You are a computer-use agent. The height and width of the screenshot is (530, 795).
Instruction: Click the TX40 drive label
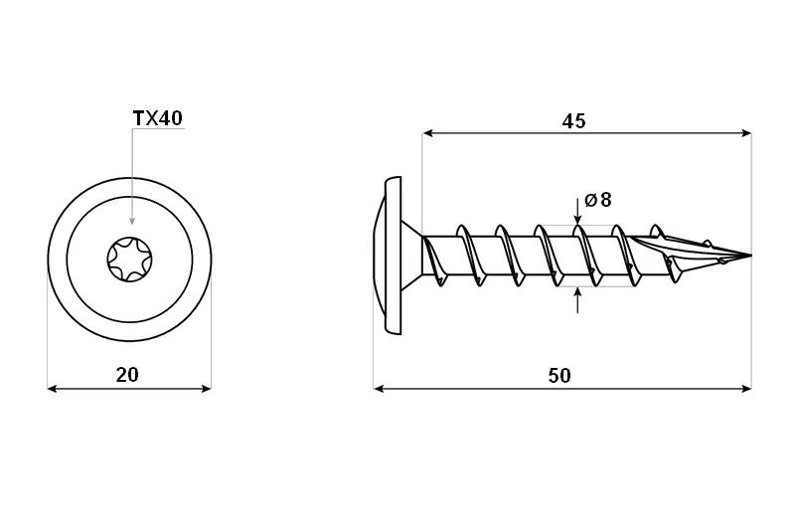[x=157, y=118]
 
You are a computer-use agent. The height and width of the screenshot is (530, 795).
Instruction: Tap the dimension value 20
[x=127, y=375]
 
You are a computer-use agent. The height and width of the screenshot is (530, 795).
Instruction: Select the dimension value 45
[x=574, y=121]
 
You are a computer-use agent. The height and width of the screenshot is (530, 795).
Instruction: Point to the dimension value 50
[x=559, y=375]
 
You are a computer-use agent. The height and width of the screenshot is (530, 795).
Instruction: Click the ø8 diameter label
[x=598, y=200]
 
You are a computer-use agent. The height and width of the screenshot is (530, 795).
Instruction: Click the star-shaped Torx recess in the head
[x=130, y=260]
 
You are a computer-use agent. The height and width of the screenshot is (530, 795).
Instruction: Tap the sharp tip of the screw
[x=750, y=255]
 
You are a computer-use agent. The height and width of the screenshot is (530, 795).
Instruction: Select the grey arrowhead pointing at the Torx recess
[x=132, y=220]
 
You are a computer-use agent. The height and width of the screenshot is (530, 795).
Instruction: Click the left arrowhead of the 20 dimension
[x=52, y=389]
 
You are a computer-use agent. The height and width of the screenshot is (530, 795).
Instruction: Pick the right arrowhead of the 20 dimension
[x=206, y=389]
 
